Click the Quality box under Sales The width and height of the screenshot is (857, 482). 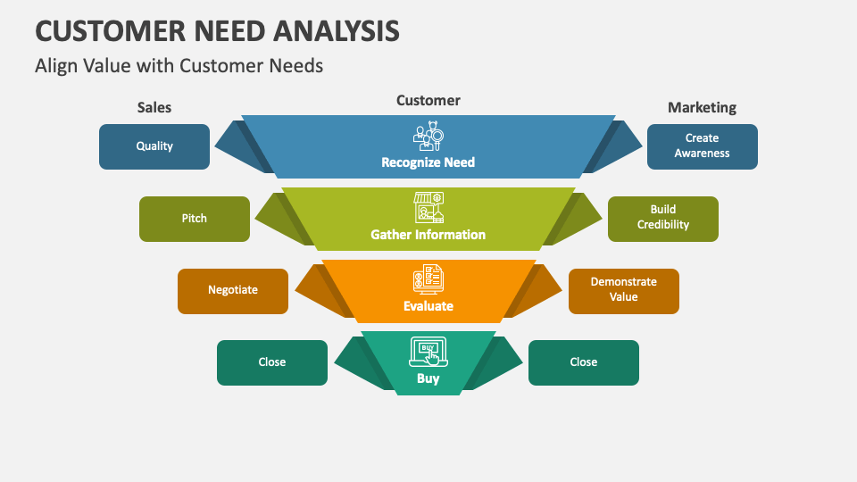[x=154, y=146]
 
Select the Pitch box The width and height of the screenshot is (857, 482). [x=195, y=219]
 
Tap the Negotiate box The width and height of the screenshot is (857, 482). [x=233, y=291]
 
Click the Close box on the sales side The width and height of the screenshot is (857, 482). [x=272, y=362]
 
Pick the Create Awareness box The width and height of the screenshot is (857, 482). [x=702, y=146]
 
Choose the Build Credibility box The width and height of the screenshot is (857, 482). [x=663, y=219]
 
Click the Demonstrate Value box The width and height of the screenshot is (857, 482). [x=624, y=291]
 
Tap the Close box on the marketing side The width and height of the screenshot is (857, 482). [x=584, y=362]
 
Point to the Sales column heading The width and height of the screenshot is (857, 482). [x=154, y=107]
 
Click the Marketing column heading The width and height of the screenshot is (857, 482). [x=702, y=107]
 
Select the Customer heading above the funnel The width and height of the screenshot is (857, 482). [x=428, y=100]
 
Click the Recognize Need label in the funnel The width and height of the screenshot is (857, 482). [x=428, y=162]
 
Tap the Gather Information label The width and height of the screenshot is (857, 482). [x=428, y=235]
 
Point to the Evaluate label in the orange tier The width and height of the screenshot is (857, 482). [x=428, y=306]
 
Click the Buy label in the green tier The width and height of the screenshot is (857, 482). [x=428, y=378]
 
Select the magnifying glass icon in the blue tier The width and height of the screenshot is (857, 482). [x=428, y=136]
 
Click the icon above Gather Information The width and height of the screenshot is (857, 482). [x=428, y=207]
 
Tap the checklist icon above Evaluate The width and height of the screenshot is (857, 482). [x=428, y=279]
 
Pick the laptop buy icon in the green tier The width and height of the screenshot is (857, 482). [x=428, y=351]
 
